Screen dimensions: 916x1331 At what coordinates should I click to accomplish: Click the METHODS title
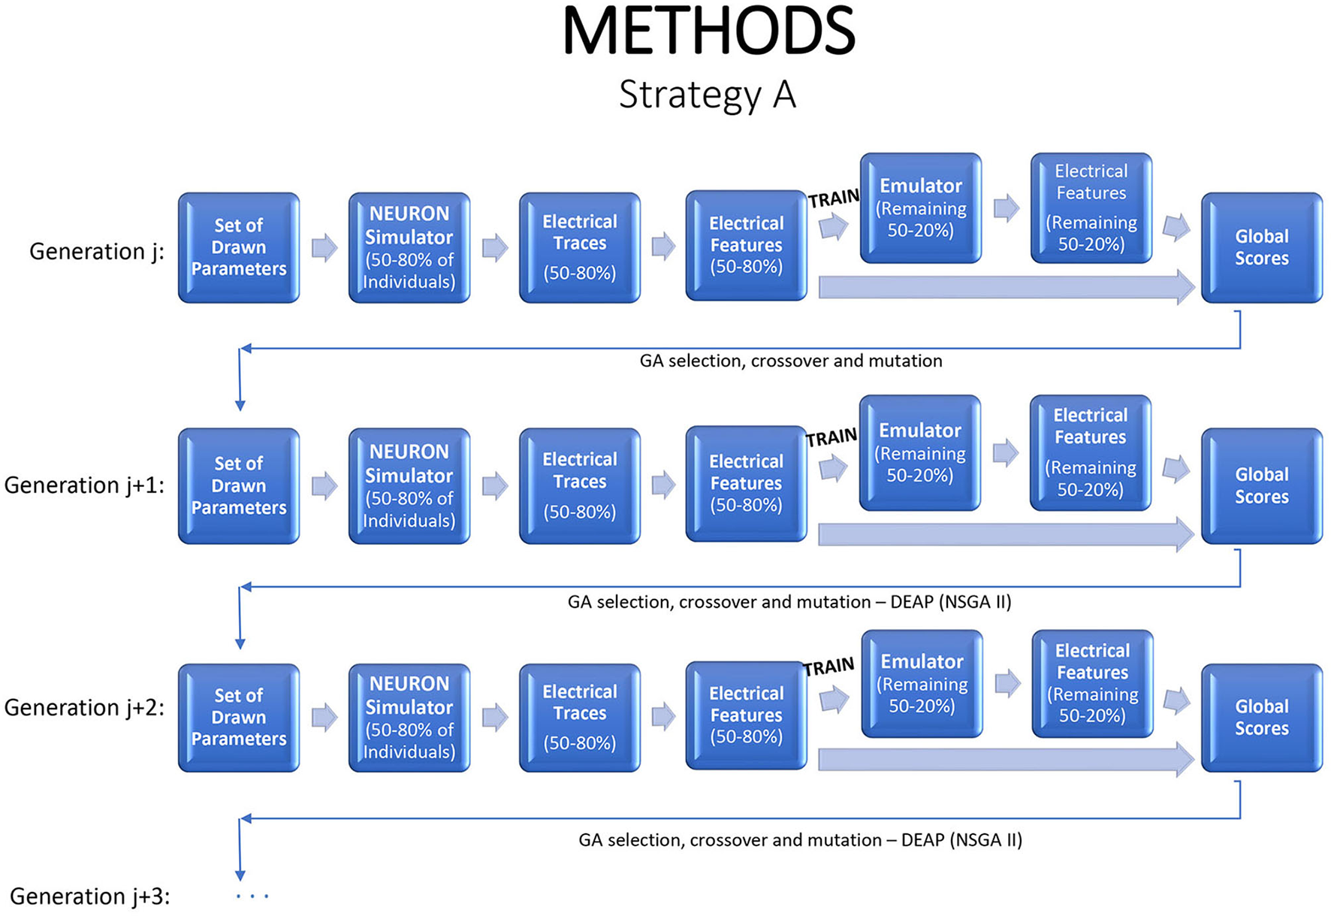[708, 32]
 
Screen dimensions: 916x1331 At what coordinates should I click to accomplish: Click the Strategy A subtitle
[707, 95]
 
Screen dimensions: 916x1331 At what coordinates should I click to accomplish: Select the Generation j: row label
[96, 251]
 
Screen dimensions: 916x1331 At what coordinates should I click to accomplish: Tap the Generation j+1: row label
[84, 485]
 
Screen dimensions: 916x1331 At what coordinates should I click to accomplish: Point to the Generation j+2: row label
[84, 707]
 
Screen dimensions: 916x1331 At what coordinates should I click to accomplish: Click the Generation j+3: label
[89, 896]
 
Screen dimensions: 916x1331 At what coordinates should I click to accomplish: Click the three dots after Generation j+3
[252, 896]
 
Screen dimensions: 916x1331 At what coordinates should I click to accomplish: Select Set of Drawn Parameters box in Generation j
[239, 247]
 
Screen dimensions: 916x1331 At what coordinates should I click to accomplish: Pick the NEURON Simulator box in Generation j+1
[409, 485]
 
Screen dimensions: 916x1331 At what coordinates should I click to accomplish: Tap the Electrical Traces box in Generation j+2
[579, 717]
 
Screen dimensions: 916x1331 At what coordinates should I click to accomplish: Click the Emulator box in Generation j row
[921, 208]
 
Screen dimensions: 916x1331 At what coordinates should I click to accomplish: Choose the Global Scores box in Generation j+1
[1261, 485]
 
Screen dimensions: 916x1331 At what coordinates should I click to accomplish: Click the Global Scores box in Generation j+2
[1261, 717]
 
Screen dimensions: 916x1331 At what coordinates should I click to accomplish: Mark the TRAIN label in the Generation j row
[834, 198]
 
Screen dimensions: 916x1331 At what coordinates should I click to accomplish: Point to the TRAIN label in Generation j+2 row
[828, 667]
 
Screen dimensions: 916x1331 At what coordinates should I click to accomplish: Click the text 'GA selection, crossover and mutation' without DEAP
[790, 361]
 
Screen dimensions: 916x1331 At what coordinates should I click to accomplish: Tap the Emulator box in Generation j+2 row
[922, 684]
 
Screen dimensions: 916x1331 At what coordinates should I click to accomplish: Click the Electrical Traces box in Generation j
[579, 247]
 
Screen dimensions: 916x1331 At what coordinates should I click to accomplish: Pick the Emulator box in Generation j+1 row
[920, 453]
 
